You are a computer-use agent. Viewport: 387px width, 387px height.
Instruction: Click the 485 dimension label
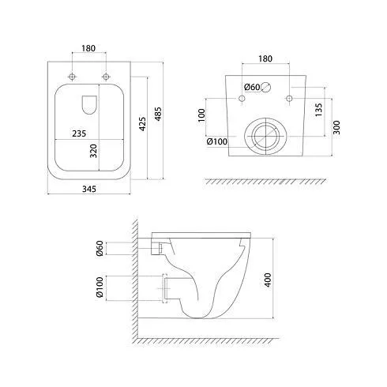(x=158, y=114)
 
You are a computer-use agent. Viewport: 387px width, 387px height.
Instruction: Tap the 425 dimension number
(x=142, y=124)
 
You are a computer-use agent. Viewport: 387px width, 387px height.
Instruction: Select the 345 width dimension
(x=89, y=189)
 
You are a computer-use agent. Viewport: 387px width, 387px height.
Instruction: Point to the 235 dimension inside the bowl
(x=79, y=133)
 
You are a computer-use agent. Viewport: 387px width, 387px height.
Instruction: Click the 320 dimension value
(x=93, y=151)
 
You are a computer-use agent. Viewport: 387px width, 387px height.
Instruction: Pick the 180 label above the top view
(x=88, y=48)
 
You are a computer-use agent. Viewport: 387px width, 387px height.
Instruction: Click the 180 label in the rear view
(x=265, y=58)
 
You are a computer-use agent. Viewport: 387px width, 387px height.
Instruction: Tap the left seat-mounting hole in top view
(x=72, y=77)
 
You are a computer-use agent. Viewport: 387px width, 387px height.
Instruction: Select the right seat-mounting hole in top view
(x=106, y=77)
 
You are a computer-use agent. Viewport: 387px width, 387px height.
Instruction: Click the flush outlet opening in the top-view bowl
(x=89, y=105)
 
